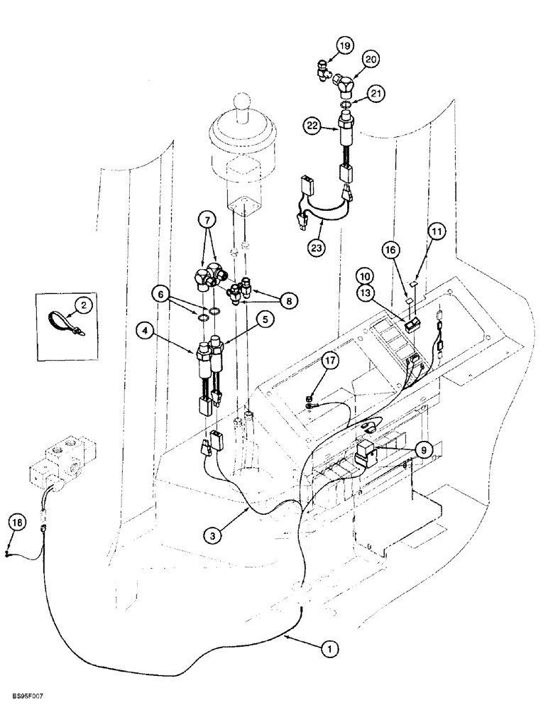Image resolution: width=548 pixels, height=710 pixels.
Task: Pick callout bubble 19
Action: click(344, 47)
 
